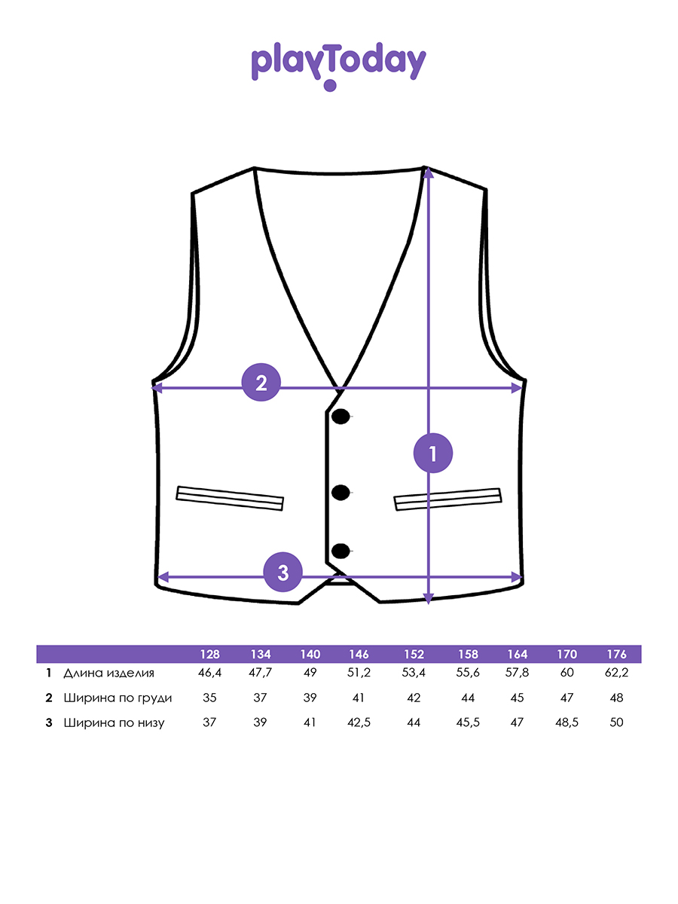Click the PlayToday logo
coord(338,66)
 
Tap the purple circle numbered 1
coord(433,453)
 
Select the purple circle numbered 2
coord(261,382)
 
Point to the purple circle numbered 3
coord(282,572)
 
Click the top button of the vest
coord(341,417)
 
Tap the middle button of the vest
coord(341,493)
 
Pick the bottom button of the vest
coord(341,551)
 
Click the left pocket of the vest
coord(230,499)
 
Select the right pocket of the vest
coord(448,499)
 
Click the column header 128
coord(210,654)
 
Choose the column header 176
coord(617,654)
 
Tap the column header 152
coord(414,654)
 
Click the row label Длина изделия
coord(108,673)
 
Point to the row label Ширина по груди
coord(118,698)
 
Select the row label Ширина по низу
coord(114,722)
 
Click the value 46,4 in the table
coord(209,673)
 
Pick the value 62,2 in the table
coord(617,673)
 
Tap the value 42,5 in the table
coord(359,722)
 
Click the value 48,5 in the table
coord(567,722)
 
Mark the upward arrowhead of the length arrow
coord(429,173)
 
